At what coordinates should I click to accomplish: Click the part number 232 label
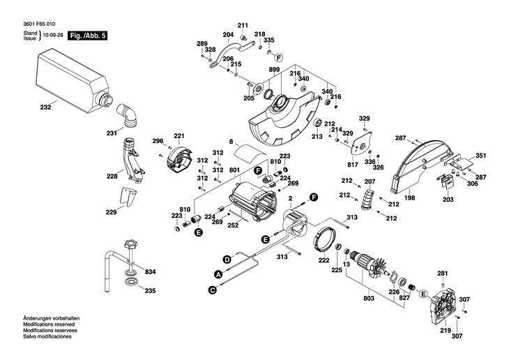click(45, 107)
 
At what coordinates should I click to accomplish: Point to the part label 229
click(111, 212)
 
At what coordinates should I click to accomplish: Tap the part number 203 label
click(448, 200)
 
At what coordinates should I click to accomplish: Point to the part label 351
click(481, 155)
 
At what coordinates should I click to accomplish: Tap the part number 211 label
click(243, 24)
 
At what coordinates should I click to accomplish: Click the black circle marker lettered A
click(218, 274)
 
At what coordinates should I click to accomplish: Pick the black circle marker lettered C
click(212, 289)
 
